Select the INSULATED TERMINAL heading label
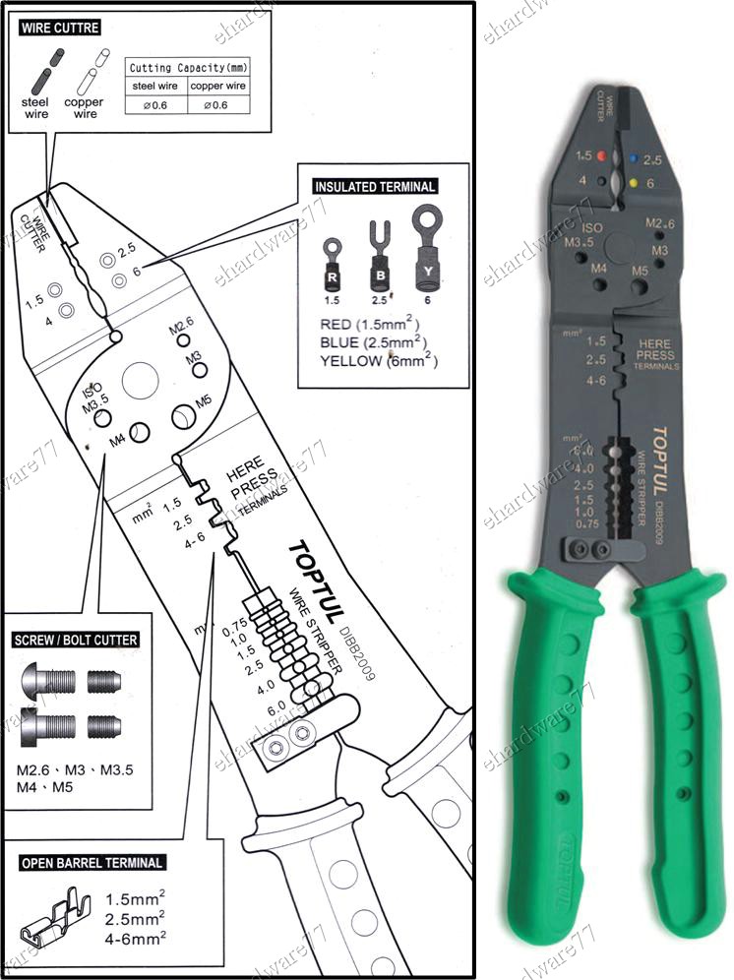[x=374, y=186]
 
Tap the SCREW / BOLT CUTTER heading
[x=75, y=640]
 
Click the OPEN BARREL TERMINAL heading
[x=92, y=863]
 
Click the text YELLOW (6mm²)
[x=379, y=361]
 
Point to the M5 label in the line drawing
[x=203, y=400]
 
